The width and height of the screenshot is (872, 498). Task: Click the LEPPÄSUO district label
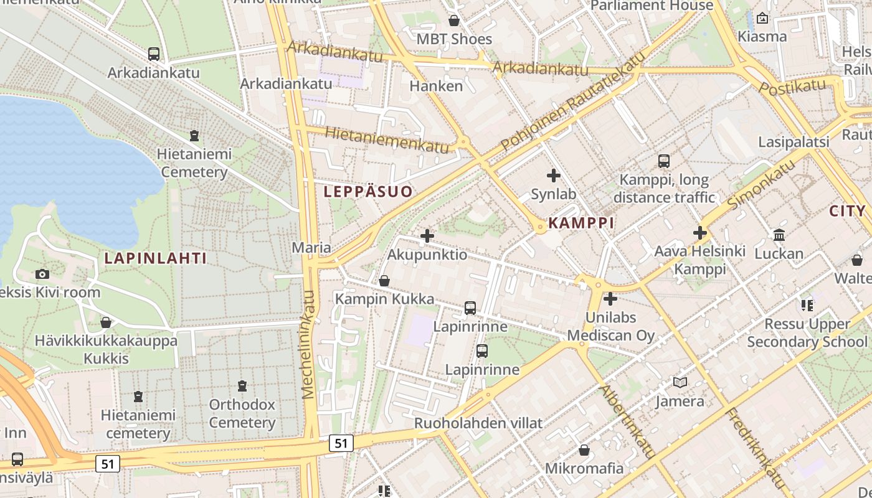click(368, 192)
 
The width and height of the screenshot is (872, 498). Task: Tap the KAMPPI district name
click(581, 223)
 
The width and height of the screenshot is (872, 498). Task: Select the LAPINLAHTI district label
click(155, 258)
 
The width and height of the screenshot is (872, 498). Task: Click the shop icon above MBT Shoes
click(454, 21)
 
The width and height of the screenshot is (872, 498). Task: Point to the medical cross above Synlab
click(553, 176)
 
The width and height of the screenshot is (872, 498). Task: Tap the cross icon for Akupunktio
click(427, 236)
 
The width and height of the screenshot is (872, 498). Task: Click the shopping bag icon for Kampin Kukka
click(384, 281)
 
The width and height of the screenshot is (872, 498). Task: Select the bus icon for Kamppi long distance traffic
click(664, 161)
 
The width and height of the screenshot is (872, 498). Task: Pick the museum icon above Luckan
click(779, 235)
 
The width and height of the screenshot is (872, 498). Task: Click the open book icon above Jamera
click(680, 383)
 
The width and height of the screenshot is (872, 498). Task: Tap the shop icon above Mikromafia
click(584, 449)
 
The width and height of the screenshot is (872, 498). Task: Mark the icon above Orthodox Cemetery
click(242, 386)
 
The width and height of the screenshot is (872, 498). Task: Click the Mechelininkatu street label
click(309, 344)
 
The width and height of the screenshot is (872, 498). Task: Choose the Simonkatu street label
click(761, 184)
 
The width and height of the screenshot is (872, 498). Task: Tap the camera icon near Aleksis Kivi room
click(42, 274)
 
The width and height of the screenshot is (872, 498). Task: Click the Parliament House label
click(652, 6)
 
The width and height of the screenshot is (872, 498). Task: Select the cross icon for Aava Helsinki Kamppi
click(700, 233)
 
